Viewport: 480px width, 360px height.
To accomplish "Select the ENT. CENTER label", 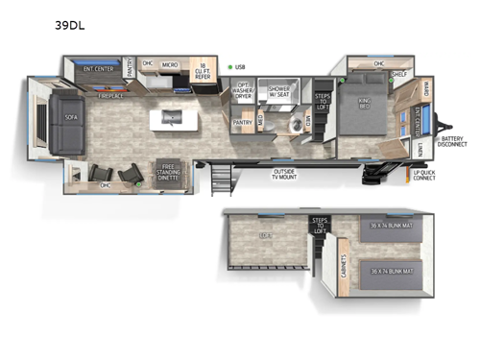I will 99,69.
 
